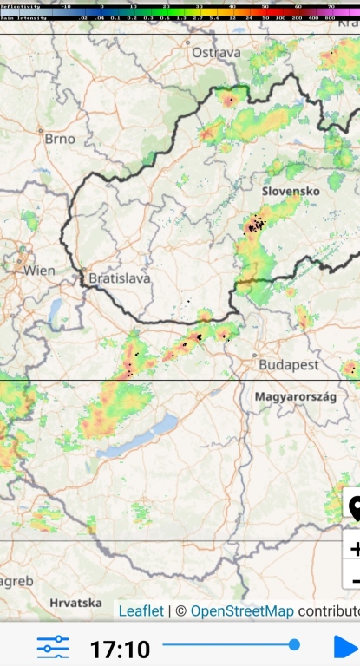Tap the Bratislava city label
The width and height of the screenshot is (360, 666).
[120, 279]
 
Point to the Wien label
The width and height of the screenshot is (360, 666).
[39, 271]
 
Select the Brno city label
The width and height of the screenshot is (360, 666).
[60, 139]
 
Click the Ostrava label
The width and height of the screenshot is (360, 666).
[216, 53]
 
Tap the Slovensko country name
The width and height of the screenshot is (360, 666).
[291, 190]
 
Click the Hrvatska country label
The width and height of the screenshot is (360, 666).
[75, 602]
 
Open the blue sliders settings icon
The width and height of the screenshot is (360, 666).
[53, 647]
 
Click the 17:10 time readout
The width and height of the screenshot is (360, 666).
[120, 648]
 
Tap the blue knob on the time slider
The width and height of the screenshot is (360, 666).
[294, 644]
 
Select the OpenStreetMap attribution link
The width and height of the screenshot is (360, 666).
[242, 610]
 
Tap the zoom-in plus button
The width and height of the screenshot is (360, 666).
[354, 547]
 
